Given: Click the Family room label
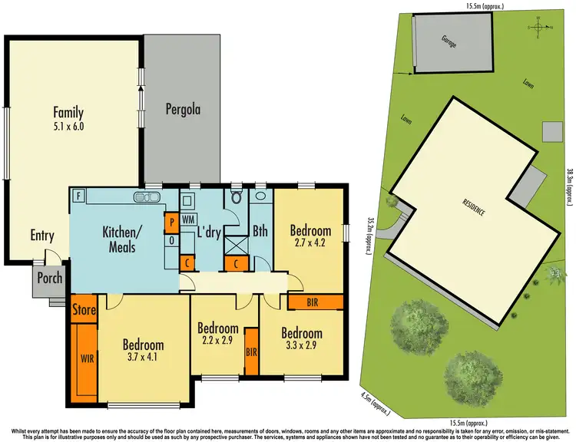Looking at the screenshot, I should tap(68, 112).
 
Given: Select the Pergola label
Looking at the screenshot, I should tap(183, 110).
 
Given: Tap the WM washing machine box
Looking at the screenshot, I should tap(188, 219).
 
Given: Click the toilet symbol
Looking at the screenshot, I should tap(237, 197).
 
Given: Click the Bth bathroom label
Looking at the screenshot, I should tap(260, 231).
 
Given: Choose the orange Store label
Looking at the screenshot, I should tap(83, 311).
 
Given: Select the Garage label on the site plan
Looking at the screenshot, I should tap(449, 41).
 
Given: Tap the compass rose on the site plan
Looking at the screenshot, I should tap(541, 28).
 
